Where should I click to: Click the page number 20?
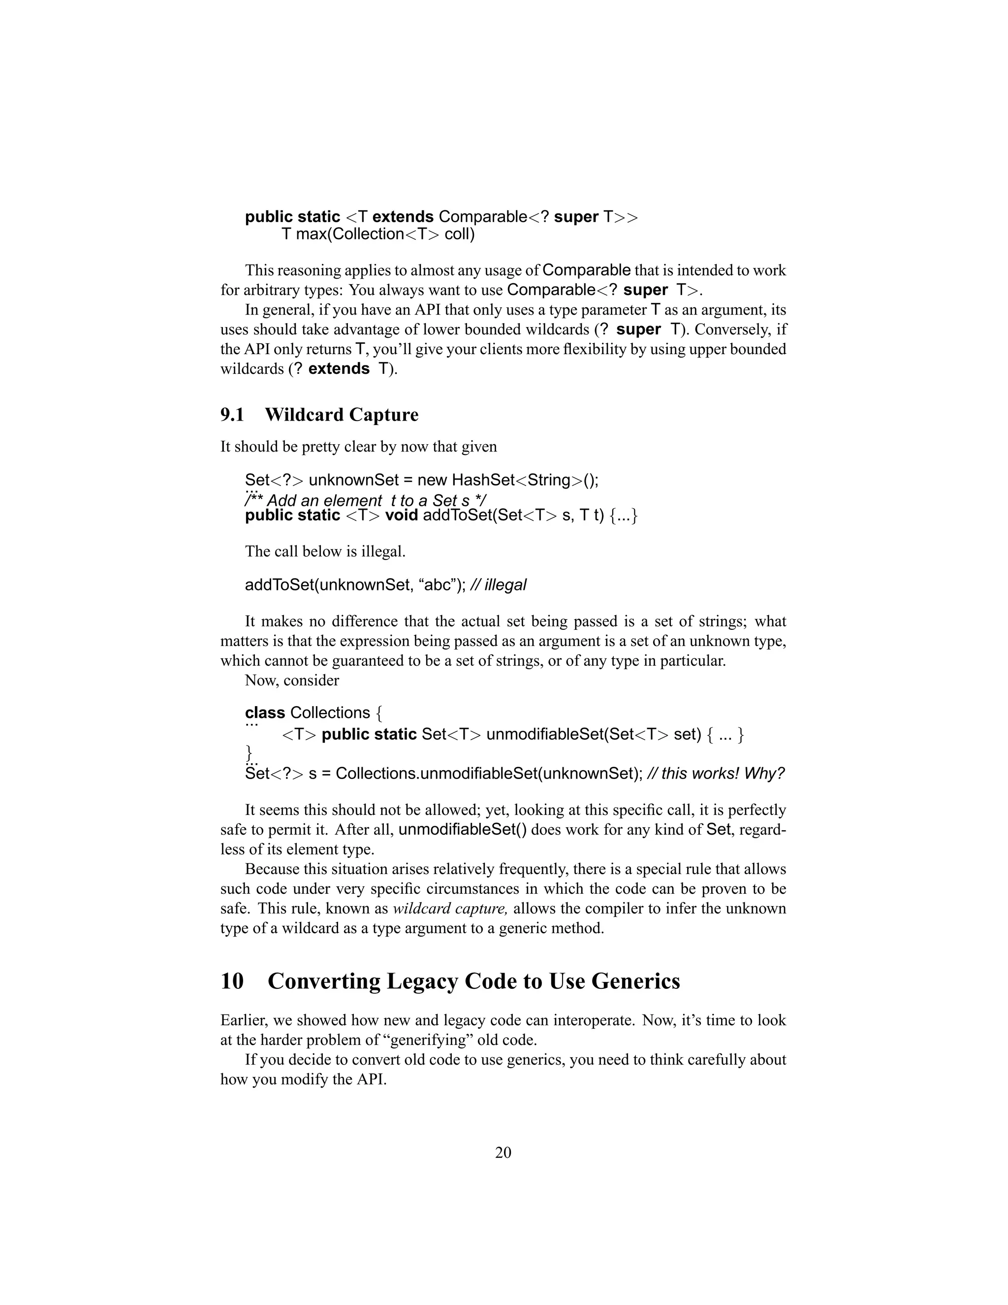[503, 1153]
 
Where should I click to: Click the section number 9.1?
[232, 415]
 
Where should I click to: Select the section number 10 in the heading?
[232, 981]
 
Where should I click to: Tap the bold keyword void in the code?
[401, 515]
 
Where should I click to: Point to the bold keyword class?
[264, 713]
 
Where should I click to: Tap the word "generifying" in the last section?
[425, 1040]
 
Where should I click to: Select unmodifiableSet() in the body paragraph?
[462, 830]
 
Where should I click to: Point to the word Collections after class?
[330, 713]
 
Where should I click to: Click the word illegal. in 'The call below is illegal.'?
[383, 551]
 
